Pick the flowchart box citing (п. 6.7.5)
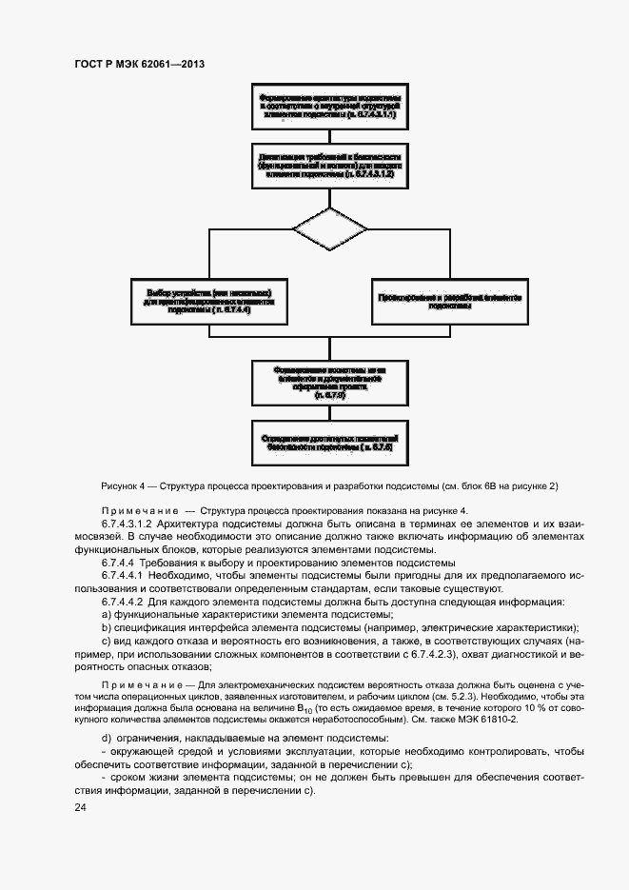pyautogui.click(x=329, y=381)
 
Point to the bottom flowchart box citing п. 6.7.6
pyautogui.click(x=329, y=440)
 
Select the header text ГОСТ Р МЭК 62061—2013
pyautogui.click(x=139, y=64)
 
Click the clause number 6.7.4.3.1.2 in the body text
pyautogui.click(x=132, y=525)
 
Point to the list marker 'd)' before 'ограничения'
pyautogui.click(x=106, y=740)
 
